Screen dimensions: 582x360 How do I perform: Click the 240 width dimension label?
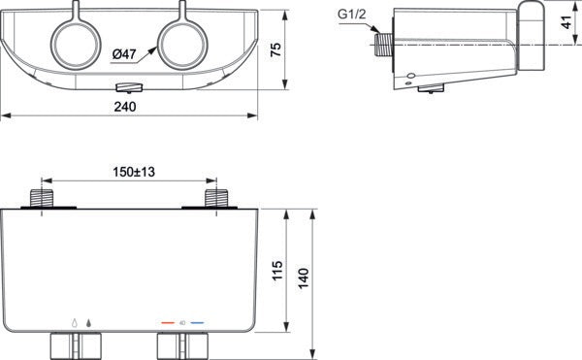tap(125, 107)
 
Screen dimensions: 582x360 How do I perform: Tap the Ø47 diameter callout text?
tap(125, 54)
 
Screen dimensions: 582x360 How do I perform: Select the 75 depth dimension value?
tap(276, 49)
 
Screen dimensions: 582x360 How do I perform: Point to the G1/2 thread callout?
tap(351, 15)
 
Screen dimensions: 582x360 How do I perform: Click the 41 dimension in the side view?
tap(566, 22)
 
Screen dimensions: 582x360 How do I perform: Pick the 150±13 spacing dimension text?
tap(134, 172)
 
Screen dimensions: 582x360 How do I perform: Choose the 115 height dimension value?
tap(277, 270)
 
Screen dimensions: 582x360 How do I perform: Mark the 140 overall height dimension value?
tap(304, 278)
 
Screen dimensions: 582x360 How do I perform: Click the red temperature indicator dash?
tap(168, 323)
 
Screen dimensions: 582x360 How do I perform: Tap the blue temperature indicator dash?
tap(197, 323)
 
